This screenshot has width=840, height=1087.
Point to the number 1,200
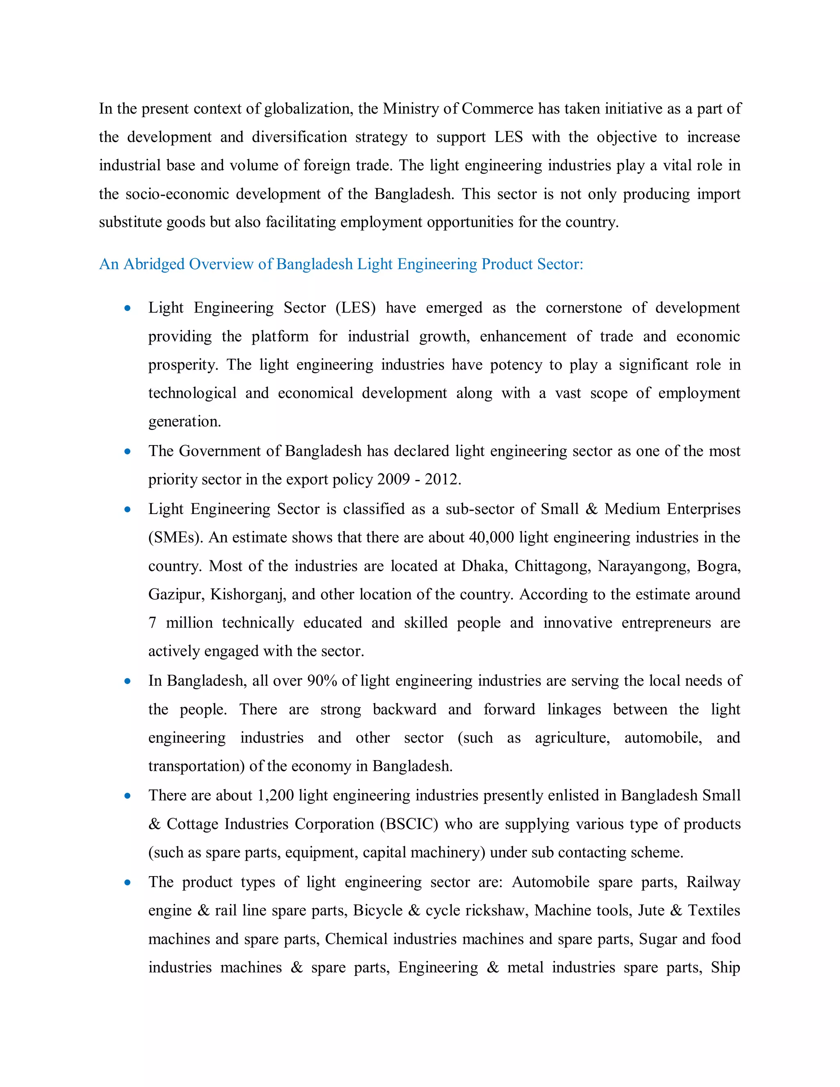coord(275,795)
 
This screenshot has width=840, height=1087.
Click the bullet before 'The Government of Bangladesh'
coord(128,452)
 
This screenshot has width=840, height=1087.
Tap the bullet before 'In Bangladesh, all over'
coord(128,681)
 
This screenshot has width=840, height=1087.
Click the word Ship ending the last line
coord(725,968)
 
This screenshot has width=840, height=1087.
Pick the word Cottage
coord(191,824)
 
